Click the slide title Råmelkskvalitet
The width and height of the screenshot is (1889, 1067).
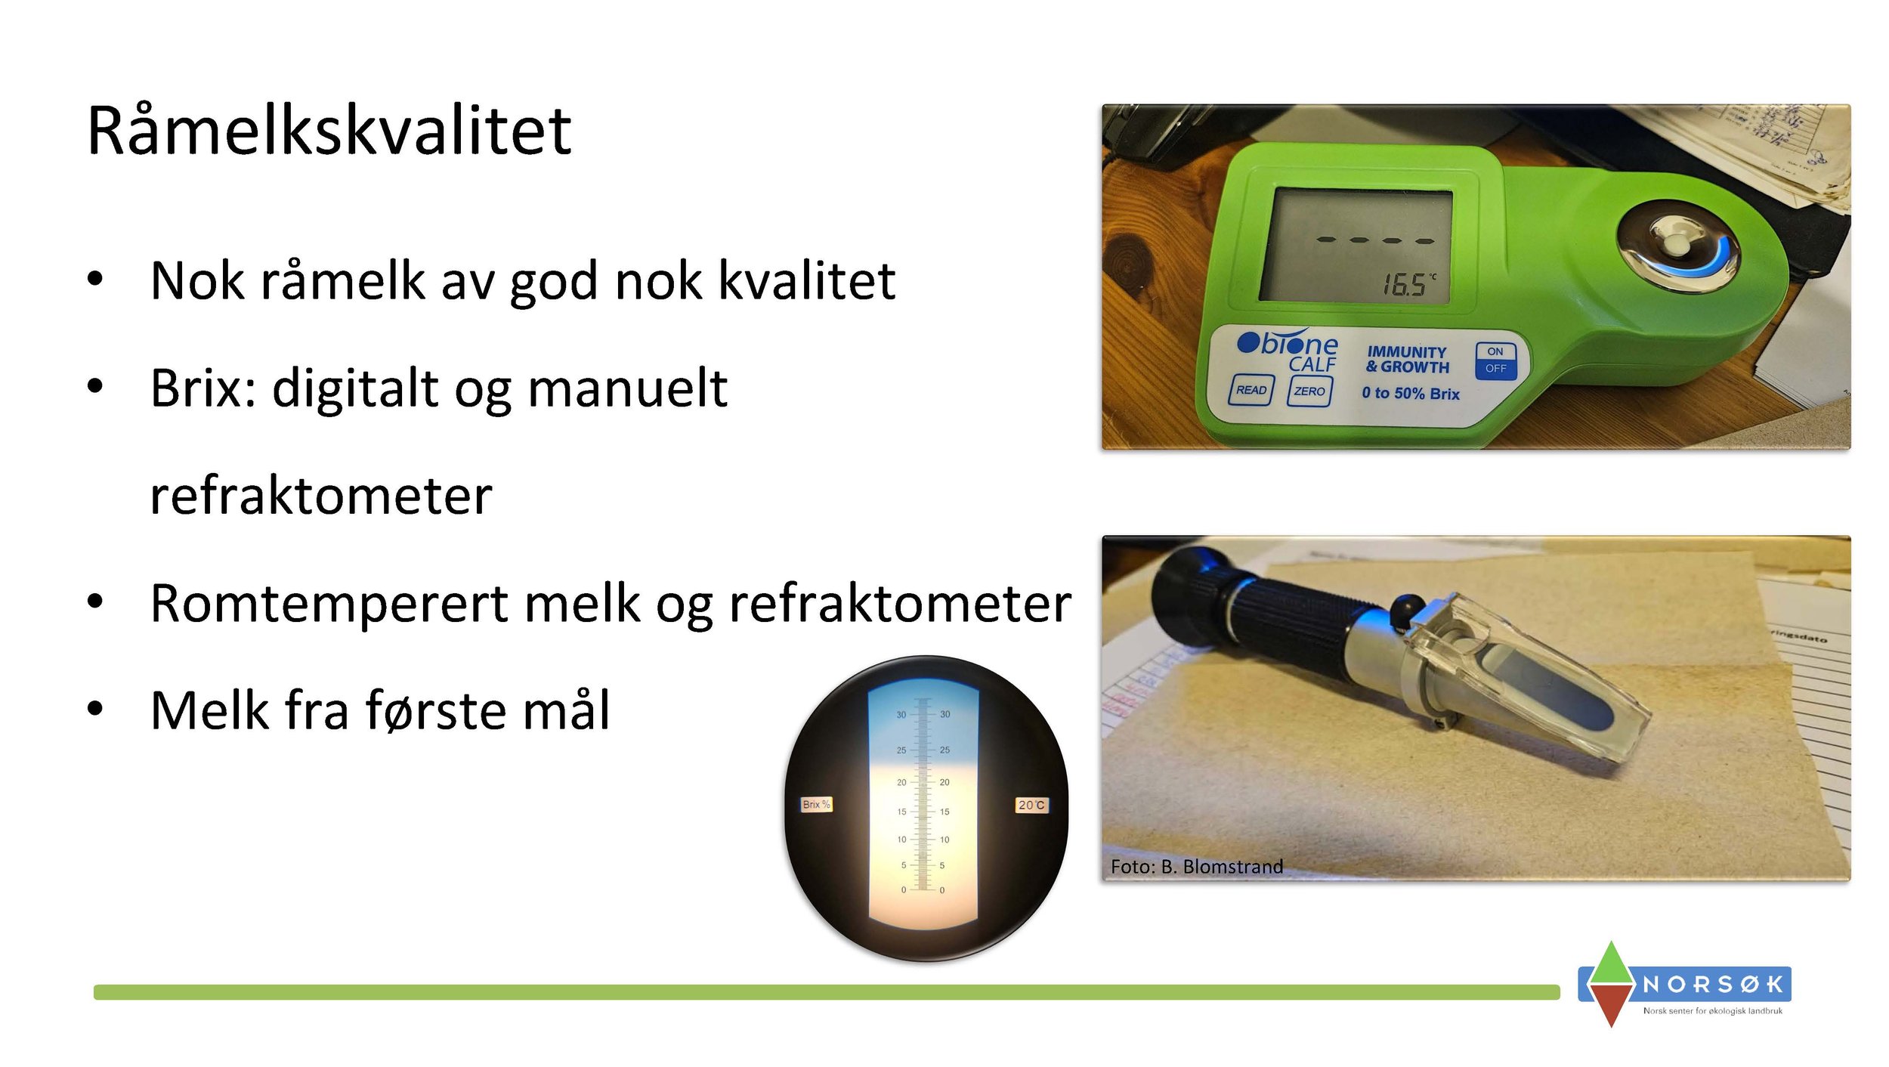pyautogui.click(x=329, y=131)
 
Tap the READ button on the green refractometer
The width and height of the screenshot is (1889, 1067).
pyautogui.click(x=1251, y=390)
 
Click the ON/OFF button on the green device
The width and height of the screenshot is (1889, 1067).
pyautogui.click(x=1495, y=360)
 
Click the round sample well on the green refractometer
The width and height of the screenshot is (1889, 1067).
pyautogui.click(x=1677, y=249)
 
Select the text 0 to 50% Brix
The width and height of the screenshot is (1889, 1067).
pyautogui.click(x=1410, y=393)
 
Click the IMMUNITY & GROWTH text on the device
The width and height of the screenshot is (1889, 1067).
pyautogui.click(x=1407, y=360)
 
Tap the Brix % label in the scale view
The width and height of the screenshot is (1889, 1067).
pyautogui.click(x=816, y=804)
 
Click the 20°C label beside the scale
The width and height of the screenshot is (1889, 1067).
pyautogui.click(x=1031, y=805)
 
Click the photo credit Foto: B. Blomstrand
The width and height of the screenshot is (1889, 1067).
pyautogui.click(x=1196, y=866)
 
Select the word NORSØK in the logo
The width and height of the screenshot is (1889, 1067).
pyautogui.click(x=1713, y=984)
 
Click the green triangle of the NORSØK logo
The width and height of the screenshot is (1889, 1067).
pyautogui.click(x=1611, y=963)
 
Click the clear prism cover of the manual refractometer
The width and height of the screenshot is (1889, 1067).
pyautogui.click(x=1549, y=680)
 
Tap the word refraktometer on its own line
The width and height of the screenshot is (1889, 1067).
pyautogui.click(x=321, y=496)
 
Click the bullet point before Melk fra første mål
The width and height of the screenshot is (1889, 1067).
pyautogui.click(x=94, y=708)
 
